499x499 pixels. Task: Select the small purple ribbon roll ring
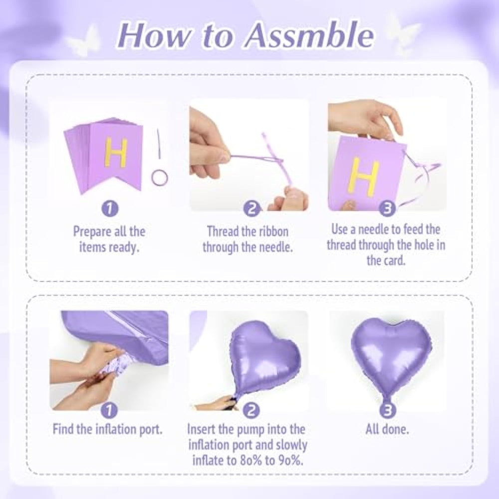[160, 178]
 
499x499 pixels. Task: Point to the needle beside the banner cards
[159, 144]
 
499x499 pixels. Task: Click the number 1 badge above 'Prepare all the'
[110, 209]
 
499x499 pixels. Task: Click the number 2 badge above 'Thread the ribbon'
[251, 209]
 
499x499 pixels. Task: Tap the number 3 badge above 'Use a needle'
[387, 209]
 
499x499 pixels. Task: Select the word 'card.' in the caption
[386, 260]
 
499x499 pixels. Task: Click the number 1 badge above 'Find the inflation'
[109, 410]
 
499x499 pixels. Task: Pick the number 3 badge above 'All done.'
[387, 410]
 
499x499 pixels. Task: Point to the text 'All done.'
[387, 430]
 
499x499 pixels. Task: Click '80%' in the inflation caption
[250, 460]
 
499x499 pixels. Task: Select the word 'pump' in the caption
[250, 430]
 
